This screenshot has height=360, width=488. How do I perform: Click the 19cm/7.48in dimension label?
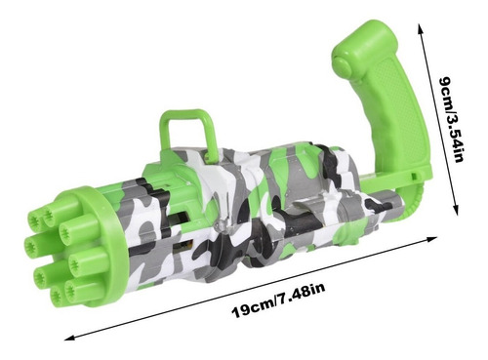(278, 300)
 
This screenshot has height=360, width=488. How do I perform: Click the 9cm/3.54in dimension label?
(451, 119)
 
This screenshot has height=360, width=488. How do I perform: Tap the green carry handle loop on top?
(188, 130)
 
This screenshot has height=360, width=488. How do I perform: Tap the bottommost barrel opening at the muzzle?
(58, 296)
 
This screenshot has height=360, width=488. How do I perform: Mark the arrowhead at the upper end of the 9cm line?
(421, 28)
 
